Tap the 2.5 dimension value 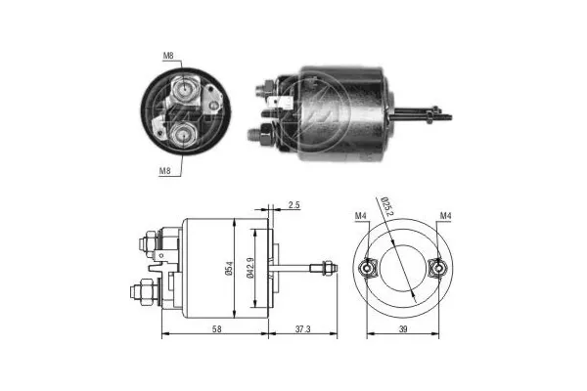click(294, 206)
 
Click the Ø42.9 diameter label click(253, 267)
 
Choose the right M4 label click(446, 215)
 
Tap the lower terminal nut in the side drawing click(139, 291)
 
